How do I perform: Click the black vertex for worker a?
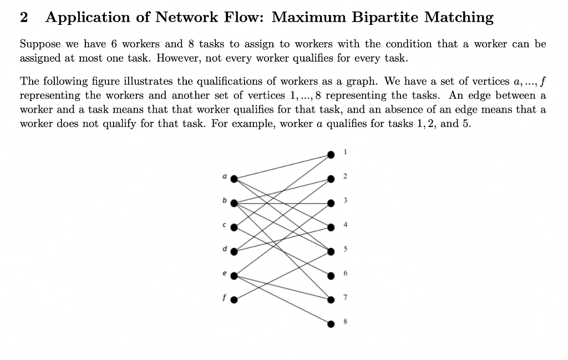[234, 179]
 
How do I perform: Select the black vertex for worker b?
[234, 203]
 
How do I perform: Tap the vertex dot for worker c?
[234, 227]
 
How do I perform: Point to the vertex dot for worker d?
[234, 251]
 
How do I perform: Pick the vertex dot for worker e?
[234, 276]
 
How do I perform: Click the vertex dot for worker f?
[234, 300]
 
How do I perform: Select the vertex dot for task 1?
[331, 154]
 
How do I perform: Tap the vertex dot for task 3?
[331, 202]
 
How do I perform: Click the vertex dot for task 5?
[331, 251]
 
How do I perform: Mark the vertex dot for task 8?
[331, 323]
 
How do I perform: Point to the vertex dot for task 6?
[331, 275]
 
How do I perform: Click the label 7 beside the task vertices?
[345, 298]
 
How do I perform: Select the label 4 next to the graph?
[345, 225]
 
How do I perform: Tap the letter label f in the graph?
[224, 296]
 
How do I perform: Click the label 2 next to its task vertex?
[345, 176]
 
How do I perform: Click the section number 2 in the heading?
[23, 17]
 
